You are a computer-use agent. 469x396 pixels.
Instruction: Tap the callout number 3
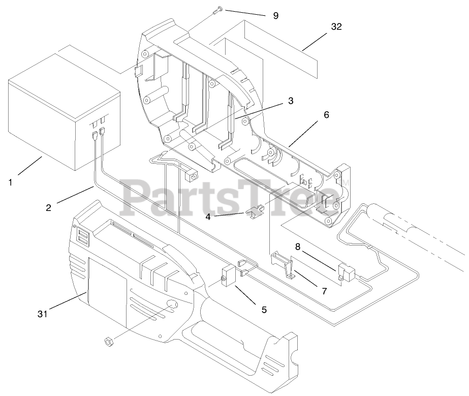point(290,101)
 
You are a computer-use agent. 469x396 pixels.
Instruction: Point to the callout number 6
point(326,114)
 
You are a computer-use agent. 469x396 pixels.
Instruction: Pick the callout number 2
point(48,207)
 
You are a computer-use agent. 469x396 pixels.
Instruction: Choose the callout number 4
point(208,216)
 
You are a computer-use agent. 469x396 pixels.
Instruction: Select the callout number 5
point(264,309)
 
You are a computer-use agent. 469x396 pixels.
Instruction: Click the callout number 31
point(42,314)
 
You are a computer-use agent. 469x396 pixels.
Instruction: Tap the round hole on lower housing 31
point(171,304)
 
